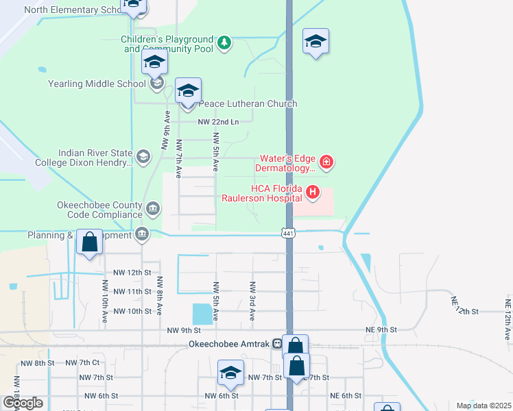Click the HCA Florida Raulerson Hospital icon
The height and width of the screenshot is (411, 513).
click(313, 192)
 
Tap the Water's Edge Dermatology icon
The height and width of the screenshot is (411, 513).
click(327, 162)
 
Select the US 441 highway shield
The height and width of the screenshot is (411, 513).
click(289, 234)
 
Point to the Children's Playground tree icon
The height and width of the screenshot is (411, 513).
click(224, 44)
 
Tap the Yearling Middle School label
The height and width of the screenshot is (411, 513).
click(97, 84)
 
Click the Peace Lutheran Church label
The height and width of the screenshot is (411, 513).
click(248, 103)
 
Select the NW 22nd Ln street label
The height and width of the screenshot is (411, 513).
click(218, 122)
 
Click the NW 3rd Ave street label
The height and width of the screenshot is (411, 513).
click(252, 301)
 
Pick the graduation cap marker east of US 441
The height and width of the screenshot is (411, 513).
click(315, 42)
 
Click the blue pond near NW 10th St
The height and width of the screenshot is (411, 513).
click(202, 314)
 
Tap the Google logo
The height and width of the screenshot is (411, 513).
click(23, 403)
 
